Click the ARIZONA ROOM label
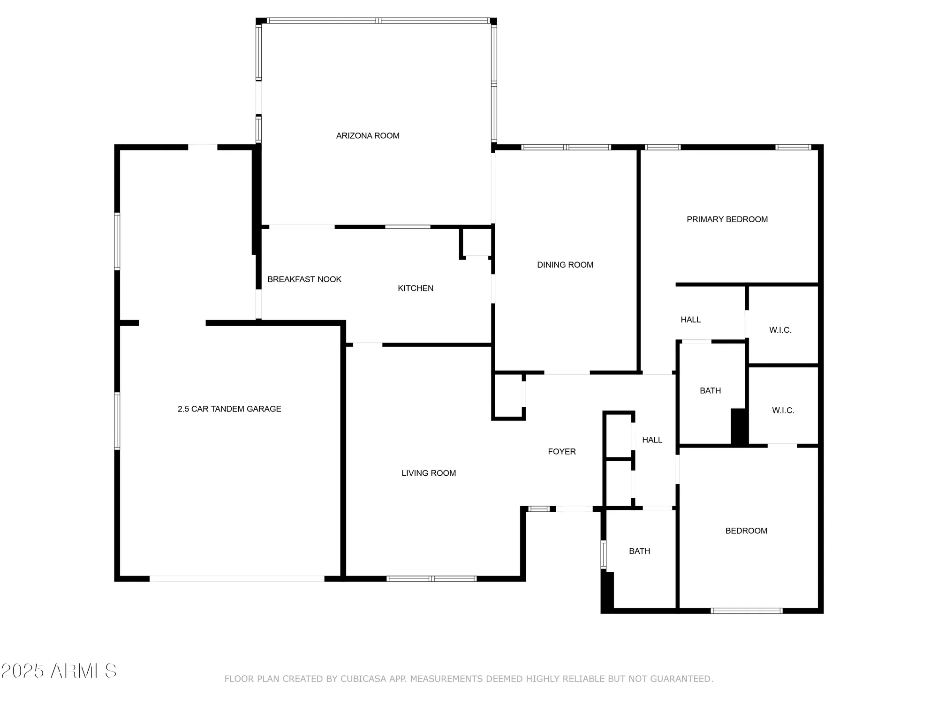click(x=368, y=136)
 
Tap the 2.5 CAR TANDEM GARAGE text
click(x=229, y=409)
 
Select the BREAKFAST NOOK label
click(x=304, y=279)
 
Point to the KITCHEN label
click(x=416, y=288)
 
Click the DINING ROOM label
click(x=565, y=265)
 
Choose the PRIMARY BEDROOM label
click(x=727, y=219)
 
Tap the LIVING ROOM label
click(x=429, y=473)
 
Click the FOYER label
click(x=562, y=452)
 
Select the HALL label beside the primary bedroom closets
click(x=690, y=320)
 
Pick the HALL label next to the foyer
click(x=652, y=440)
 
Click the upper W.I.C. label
click(x=780, y=330)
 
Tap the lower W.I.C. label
click(x=783, y=411)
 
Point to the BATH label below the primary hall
click(x=710, y=391)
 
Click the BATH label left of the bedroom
click(x=639, y=552)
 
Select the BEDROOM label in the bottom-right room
click(x=746, y=531)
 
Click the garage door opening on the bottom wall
click(x=237, y=579)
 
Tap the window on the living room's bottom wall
click(x=431, y=579)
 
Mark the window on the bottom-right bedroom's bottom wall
click(x=746, y=611)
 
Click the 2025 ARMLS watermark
click(x=59, y=671)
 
